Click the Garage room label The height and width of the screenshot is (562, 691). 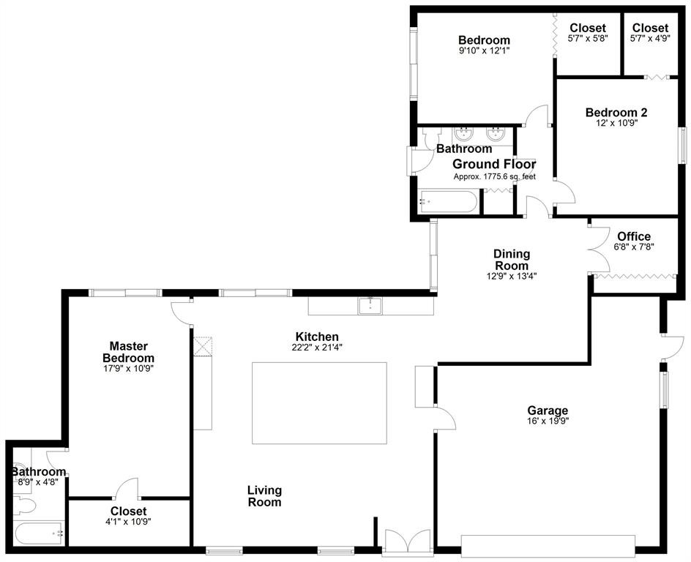pyautogui.click(x=548, y=411)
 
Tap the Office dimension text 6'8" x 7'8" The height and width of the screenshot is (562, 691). pyautogui.click(x=634, y=247)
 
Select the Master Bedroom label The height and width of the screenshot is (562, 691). pyautogui.click(x=128, y=352)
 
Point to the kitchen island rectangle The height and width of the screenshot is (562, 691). pyautogui.click(x=319, y=403)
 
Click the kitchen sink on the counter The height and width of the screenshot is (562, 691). pyautogui.click(x=370, y=306)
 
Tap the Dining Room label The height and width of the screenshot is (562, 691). pyautogui.click(x=512, y=260)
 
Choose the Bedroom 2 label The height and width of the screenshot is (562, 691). pyautogui.click(x=616, y=112)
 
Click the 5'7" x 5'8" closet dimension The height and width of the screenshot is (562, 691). pyautogui.click(x=588, y=38)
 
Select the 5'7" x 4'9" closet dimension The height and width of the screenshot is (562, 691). pyautogui.click(x=650, y=38)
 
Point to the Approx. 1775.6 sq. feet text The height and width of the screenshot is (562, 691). pyautogui.click(x=495, y=177)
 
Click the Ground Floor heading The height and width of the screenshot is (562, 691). pyautogui.click(x=494, y=165)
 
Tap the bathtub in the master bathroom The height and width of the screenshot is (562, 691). pyautogui.click(x=40, y=533)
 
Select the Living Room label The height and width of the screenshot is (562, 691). pyautogui.click(x=264, y=496)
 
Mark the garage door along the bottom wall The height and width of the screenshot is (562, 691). pyautogui.click(x=548, y=546)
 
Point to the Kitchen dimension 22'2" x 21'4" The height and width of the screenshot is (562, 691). pyautogui.click(x=317, y=347)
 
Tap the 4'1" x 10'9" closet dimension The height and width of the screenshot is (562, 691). pyautogui.click(x=128, y=522)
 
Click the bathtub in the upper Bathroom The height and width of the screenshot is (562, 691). pyautogui.click(x=448, y=201)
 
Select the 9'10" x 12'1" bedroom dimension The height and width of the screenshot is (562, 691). pyautogui.click(x=485, y=50)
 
